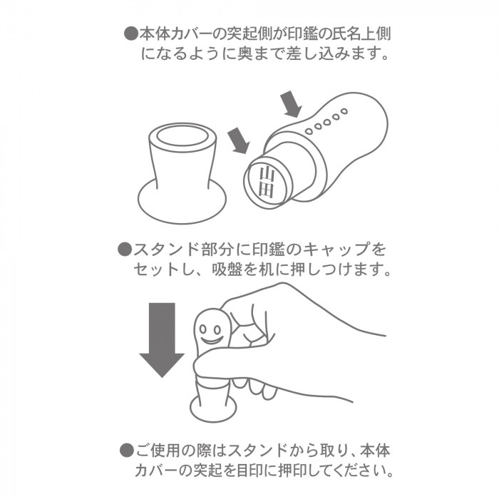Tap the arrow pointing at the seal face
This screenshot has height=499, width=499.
238,140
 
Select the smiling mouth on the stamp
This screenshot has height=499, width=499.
211,341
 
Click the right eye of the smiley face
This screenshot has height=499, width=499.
217,329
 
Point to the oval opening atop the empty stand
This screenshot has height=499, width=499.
182,136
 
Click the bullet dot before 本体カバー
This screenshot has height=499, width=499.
131,33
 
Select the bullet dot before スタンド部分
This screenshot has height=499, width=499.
125,249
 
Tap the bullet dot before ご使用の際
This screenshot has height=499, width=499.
127,451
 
